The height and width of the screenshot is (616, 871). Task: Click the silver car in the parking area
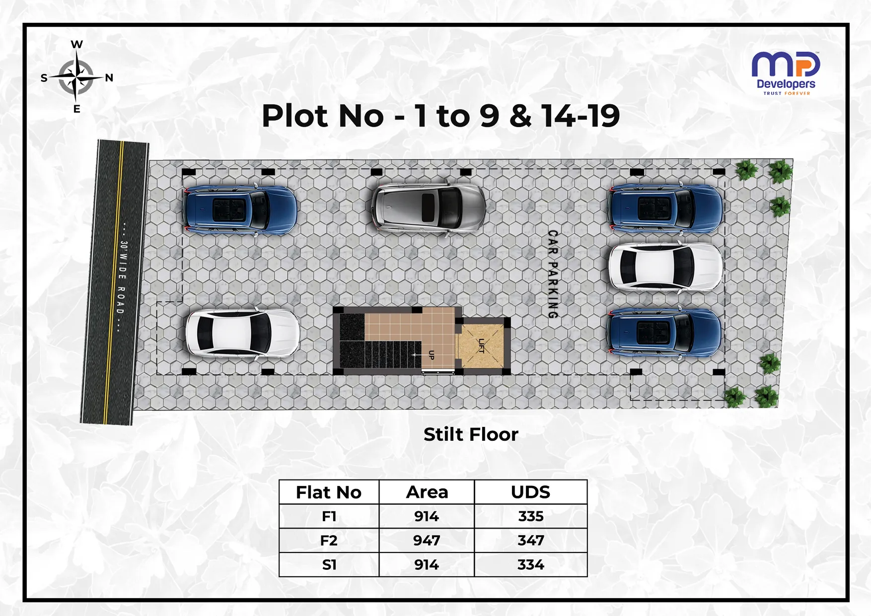click(429, 207)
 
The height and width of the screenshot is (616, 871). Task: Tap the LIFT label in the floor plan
click(481, 345)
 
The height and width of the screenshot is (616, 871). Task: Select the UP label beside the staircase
click(431, 355)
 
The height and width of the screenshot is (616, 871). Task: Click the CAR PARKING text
click(553, 274)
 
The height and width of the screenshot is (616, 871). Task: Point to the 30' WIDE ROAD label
click(121, 277)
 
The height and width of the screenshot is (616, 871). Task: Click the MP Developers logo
click(786, 73)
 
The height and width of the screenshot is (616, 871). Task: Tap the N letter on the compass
click(109, 78)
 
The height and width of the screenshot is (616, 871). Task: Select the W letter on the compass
click(76, 45)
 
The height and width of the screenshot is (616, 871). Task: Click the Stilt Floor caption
click(471, 434)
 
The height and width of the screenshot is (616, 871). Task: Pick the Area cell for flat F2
click(426, 540)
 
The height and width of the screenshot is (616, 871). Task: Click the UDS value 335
click(531, 516)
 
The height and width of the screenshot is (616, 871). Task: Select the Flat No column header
click(329, 492)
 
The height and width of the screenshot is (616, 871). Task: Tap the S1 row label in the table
click(329, 565)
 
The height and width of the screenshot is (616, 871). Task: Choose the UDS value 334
click(531, 565)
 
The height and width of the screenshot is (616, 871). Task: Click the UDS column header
click(530, 492)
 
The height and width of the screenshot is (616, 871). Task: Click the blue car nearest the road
click(240, 209)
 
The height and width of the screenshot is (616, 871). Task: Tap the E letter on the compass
click(76, 109)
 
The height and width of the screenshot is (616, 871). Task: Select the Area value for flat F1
click(426, 516)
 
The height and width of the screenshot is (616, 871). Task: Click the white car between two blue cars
click(666, 267)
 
